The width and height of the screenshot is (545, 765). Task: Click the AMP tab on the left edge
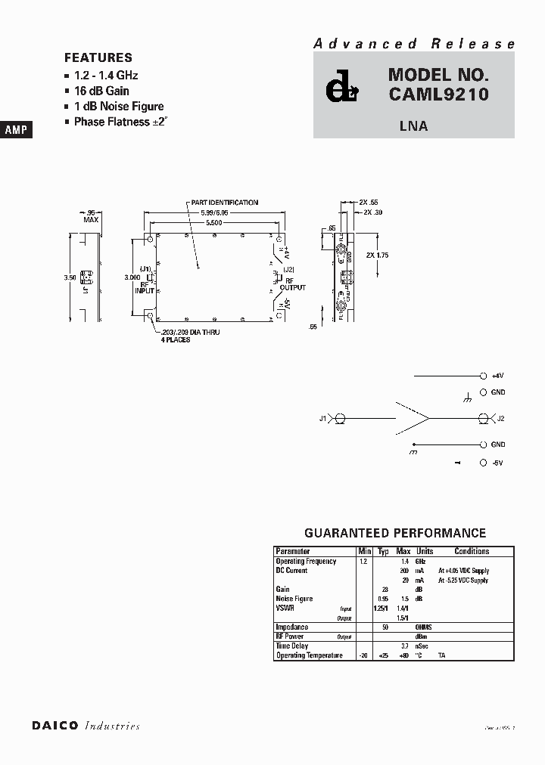tap(16, 130)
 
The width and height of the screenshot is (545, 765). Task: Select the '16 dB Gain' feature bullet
tap(101, 91)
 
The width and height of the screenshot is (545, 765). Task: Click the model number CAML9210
tap(438, 94)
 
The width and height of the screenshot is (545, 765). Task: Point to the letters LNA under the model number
tap(413, 126)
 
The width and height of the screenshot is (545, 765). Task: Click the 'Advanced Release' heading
tap(415, 44)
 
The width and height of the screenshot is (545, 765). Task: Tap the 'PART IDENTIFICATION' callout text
tap(224, 203)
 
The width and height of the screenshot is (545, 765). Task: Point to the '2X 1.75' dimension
tap(376, 256)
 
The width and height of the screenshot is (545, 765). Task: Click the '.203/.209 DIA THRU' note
tap(190, 333)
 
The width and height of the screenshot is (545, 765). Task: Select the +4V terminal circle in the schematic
tap(484, 376)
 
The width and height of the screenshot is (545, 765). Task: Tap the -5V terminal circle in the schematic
tap(484, 462)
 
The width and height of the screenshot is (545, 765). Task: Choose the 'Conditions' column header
tap(472, 551)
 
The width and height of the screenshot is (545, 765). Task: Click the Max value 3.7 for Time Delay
tap(405, 646)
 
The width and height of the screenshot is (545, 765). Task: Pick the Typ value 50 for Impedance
tap(385, 627)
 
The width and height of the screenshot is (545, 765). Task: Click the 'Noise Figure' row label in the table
tap(294, 599)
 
